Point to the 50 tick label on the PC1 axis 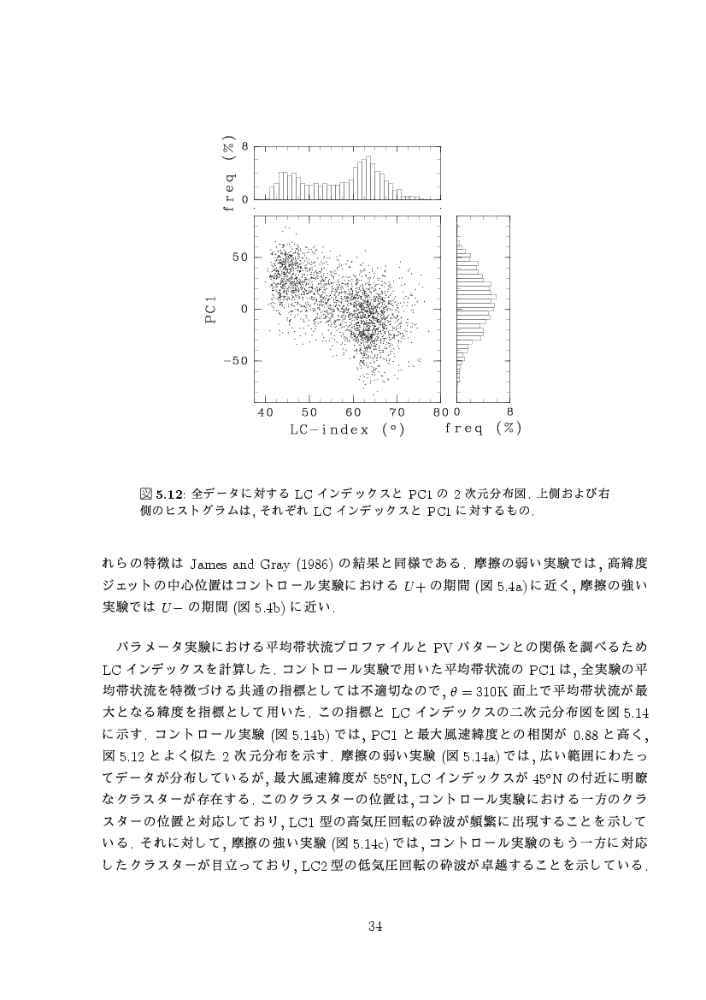(240, 257)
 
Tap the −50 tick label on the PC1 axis (236, 360)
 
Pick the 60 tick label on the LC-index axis (353, 412)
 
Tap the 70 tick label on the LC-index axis (397, 412)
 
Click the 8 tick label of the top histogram (245, 147)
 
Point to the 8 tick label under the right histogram (510, 412)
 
